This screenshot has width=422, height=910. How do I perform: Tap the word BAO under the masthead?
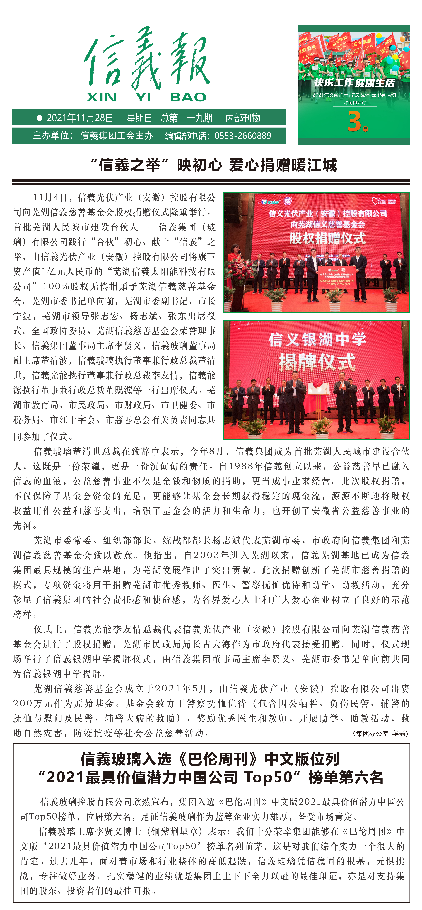pyautogui.click(x=188, y=97)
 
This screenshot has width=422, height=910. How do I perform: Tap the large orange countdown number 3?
pyautogui.click(x=354, y=121)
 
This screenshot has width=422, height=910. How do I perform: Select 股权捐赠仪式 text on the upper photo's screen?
pyautogui.click(x=327, y=238)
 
